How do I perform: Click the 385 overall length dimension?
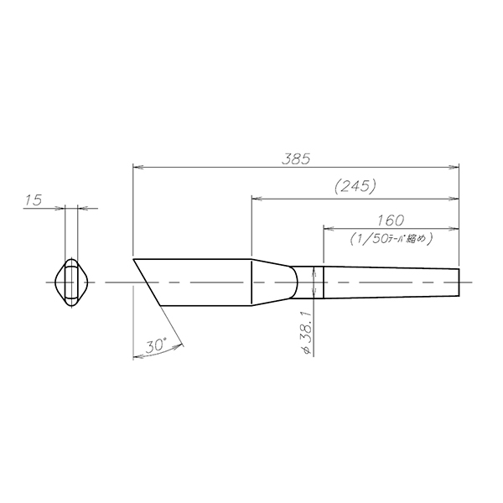[x=296, y=159]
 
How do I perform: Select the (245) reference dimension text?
[x=355, y=186]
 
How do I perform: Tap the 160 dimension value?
[x=391, y=220]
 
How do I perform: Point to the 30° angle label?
[x=156, y=345]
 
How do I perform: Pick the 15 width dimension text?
[x=34, y=200]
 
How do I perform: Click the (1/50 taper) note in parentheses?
[x=392, y=239]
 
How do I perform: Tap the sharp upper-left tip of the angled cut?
[x=133, y=258]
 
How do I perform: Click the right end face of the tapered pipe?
[x=459, y=283]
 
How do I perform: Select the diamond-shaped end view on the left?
[x=71, y=283]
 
